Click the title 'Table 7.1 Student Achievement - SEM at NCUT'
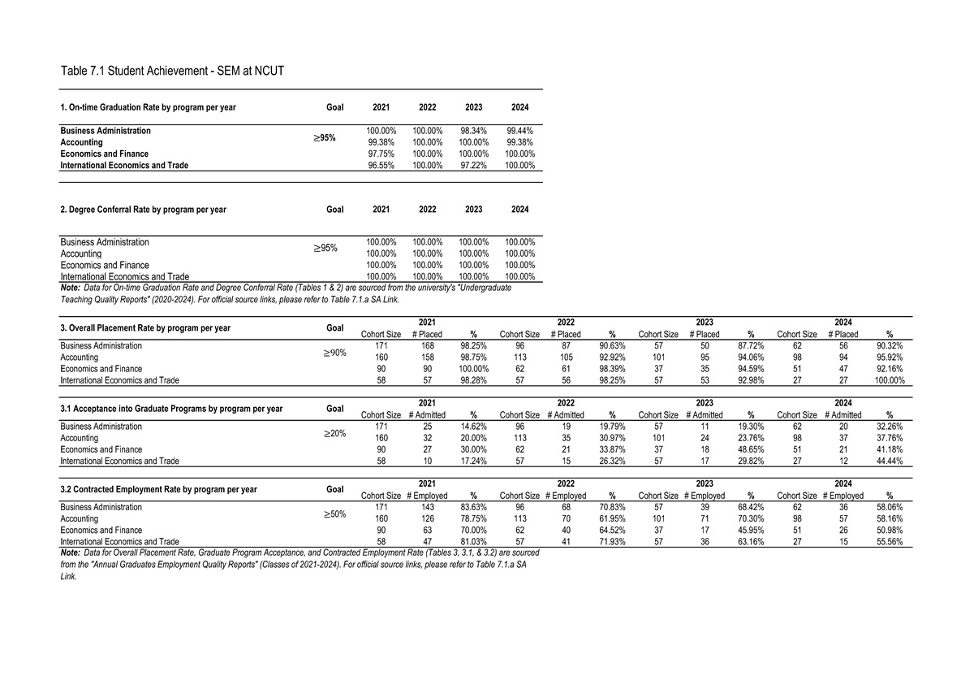pyautogui.click(x=172, y=71)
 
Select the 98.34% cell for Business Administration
pyautogui.click(x=474, y=131)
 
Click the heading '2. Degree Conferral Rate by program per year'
pyautogui.click(x=144, y=210)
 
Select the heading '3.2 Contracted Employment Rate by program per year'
pyautogui.click(x=159, y=489)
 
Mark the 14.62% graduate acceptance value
pyautogui.click(x=473, y=426)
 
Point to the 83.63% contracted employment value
pyautogui.click(x=473, y=506)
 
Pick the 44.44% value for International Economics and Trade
pyautogui.click(x=890, y=461)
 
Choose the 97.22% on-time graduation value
pyautogui.click(x=474, y=166)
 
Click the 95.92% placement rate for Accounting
pyautogui.click(x=890, y=357)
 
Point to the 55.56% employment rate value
pyautogui.click(x=890, y=541)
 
